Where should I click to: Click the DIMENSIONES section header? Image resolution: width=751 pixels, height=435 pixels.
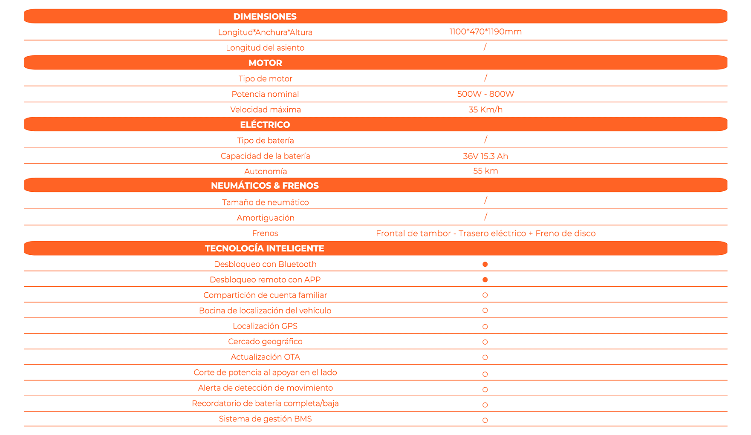[265, 17]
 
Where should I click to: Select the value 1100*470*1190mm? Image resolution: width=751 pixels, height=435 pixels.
[485, 32]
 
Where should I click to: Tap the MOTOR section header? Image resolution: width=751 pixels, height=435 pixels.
[265, 63]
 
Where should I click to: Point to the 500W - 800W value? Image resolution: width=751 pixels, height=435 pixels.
[485, 94]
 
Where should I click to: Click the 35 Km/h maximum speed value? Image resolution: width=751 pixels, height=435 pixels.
[485, 109]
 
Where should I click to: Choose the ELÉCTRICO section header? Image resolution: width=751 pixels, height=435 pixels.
[265, 125]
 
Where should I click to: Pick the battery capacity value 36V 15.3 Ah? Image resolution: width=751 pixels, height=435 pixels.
[485, 156]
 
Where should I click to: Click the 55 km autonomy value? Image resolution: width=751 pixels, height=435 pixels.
[485, 171]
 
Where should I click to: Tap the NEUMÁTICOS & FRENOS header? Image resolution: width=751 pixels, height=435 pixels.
[265, 186]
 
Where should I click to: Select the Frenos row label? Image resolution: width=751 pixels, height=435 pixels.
[265, 233]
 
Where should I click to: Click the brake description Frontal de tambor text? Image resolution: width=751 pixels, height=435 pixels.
[485, 233]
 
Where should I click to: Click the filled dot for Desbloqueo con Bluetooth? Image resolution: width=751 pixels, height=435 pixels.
[485, 265]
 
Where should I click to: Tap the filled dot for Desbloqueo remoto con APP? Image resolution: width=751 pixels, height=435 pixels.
[485, 280]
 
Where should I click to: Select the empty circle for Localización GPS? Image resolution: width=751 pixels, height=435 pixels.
[485, 327]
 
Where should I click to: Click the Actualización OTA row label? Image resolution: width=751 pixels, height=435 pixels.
[265, 357]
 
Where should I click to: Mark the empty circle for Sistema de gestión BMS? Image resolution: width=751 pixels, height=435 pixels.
[485, 421]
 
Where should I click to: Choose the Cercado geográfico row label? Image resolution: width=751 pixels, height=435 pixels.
[265, 342]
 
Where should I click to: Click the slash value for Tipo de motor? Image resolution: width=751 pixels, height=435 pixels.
[485, 78]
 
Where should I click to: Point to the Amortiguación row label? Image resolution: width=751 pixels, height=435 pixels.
[266, 218]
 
